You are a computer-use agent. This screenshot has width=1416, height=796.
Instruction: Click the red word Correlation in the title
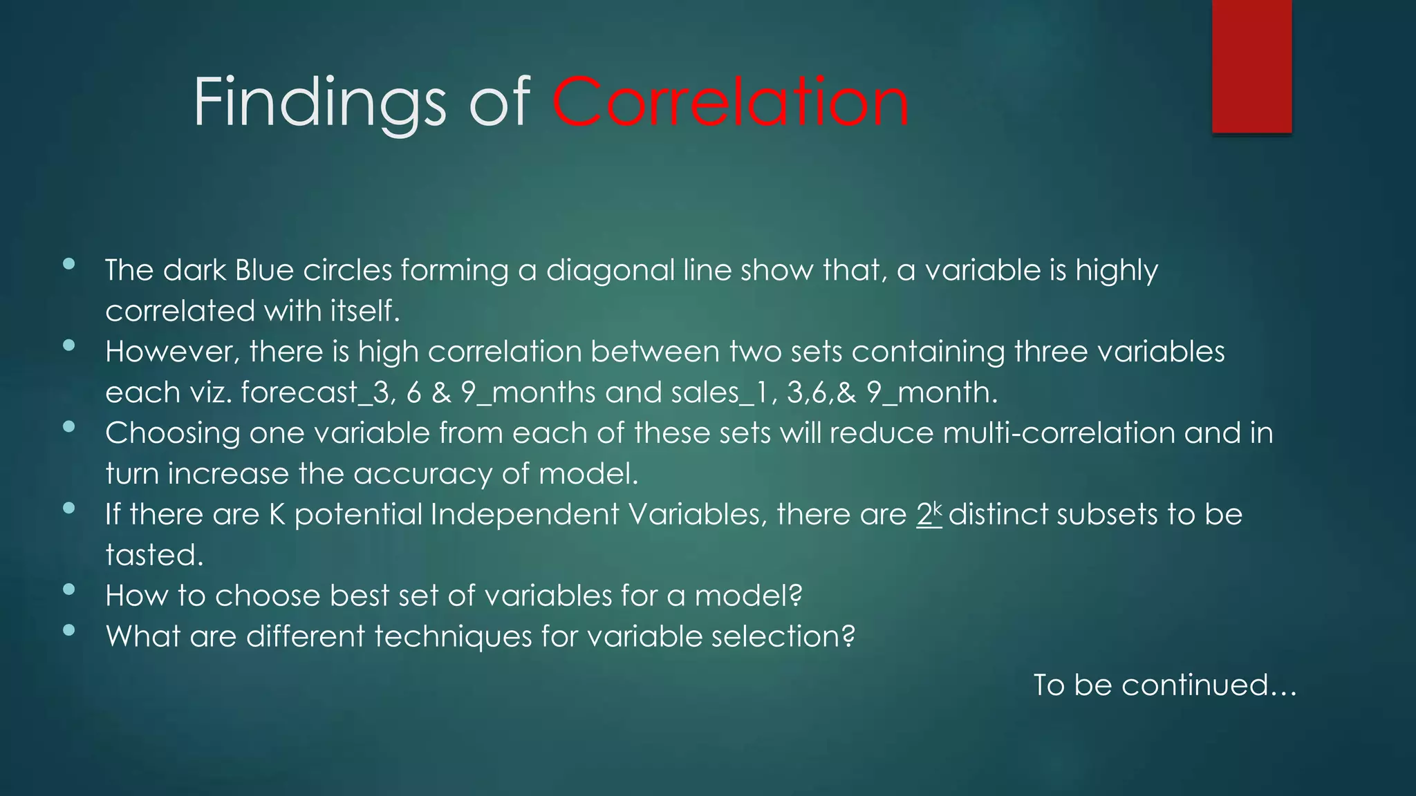[x=730, y=102]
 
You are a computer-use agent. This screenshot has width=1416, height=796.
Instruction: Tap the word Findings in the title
[x=319, y=104]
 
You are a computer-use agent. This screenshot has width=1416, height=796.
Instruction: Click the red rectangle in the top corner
[x=1251, y=66]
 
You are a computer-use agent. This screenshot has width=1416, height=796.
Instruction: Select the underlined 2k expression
[x=929, y=514]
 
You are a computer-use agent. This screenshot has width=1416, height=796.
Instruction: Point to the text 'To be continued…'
[x=1164, y=685]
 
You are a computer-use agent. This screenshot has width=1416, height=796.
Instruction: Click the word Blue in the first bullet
[x=264, y=270]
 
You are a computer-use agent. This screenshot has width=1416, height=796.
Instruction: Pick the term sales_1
[x=719, y=392]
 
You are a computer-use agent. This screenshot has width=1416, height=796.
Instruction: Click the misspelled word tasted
[x=154, y=555]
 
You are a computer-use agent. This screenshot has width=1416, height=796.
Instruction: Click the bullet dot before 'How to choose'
[x=68, y=589]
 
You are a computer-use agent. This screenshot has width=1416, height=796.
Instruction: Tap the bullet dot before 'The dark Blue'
[x=68, y=263]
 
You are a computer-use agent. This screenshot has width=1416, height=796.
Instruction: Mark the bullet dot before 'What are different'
[x=68, y=629]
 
